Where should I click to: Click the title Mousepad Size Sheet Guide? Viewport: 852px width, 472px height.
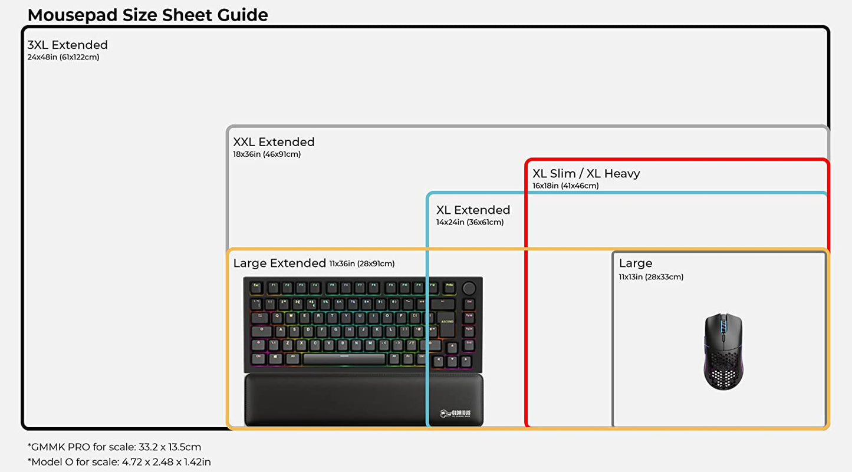click(x=147, y=15)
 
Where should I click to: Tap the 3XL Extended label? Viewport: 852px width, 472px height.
click(x=67, y=45)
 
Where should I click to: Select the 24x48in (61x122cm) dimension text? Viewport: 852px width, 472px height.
click(x=63, y=57)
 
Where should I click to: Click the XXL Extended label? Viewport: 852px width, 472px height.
click(x=274, y=142)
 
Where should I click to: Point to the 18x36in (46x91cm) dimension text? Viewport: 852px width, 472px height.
click(x=267, y=154)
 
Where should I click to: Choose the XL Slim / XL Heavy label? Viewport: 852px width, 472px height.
click(x=585, y=173)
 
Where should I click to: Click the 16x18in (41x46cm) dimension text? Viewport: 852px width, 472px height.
click(x=565, y=186)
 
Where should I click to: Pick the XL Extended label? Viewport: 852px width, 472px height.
click(x=473, y=210)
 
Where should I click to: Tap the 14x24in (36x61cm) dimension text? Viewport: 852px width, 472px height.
click(x=470, y=222)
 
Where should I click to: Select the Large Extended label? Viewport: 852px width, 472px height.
click(x=279, y=263)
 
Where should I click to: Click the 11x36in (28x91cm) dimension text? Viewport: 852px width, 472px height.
click(x=362, y=263)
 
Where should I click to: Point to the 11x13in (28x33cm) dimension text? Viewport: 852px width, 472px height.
click(x=651, y=277)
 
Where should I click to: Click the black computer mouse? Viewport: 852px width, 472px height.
click(x=723, y=351)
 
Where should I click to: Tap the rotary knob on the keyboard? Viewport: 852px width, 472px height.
click(x=469, y=288)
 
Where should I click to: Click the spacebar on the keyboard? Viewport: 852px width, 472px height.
click(x=344, y=359)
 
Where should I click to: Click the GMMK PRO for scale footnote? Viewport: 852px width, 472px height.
click(x=114, y=447)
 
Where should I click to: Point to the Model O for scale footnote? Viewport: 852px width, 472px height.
click(x=119, y=462)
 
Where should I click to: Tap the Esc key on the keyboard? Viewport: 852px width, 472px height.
click(x=257, y=285)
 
